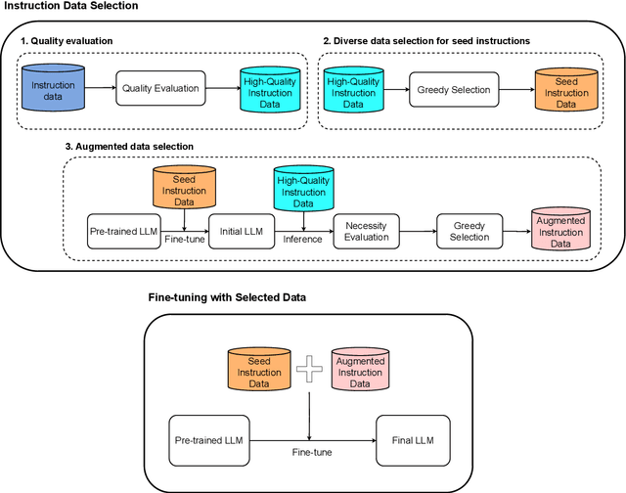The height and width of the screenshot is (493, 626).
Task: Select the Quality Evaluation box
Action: (159, 88)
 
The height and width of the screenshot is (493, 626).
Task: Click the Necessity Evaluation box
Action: (367, 232)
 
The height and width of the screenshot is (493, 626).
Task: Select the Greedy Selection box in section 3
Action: (469, 232)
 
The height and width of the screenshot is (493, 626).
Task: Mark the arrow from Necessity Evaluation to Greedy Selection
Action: (418, 232)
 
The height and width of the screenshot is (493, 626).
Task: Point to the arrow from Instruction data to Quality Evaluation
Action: (98, 88)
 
